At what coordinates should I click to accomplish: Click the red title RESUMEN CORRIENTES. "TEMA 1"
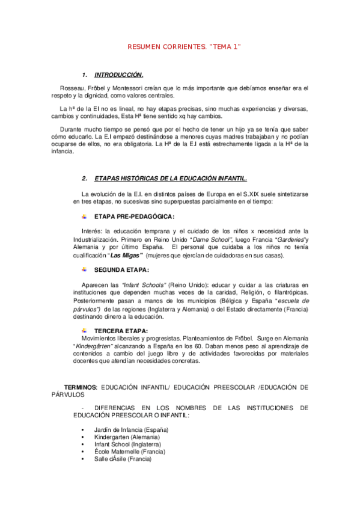coord(185,46)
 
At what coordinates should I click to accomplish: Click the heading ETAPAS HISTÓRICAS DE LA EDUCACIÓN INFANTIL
coord(171,179)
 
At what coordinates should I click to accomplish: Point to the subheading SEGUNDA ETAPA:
coord(121,269)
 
